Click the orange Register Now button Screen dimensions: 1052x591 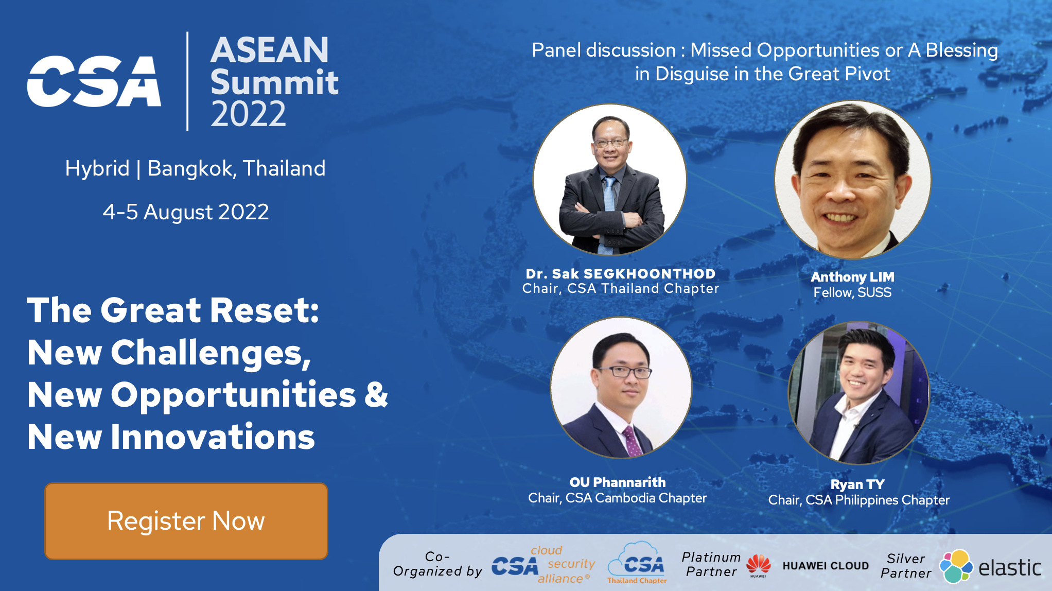tap(186, 521)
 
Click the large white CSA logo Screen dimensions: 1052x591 tap(94, 81)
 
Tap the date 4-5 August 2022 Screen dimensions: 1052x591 tap(186, 212)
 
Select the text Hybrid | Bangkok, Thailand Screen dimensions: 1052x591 tap(195, 168)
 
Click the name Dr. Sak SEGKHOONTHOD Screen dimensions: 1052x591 tap(621, 273)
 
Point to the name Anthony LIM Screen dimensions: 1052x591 tap(852, 277)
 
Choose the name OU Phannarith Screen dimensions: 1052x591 tap(618, 482)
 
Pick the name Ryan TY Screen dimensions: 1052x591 tap(857, 484)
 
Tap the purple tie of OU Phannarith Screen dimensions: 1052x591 tap(632, 442)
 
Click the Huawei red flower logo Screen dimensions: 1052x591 tap(758, 564)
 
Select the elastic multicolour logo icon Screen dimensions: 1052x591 tap(956, 566)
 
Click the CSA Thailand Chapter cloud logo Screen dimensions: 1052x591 tap(637, 562)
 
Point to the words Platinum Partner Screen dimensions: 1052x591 tap(711, 564)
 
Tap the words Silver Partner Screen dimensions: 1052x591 tap(906, 566)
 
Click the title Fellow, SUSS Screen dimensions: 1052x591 tap(852, 292)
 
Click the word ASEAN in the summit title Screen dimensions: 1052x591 tap(270, 50)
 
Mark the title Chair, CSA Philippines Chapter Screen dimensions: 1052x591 tap(858, 500)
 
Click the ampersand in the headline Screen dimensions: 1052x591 tap(376, 395)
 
